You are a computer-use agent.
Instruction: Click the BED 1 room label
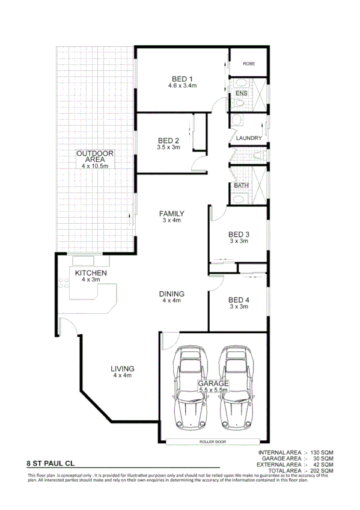tap(182, 79)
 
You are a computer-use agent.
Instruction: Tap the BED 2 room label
tap(168, 141)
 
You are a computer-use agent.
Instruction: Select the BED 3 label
tap(239, 234)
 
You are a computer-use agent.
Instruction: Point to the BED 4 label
tap(239, 300)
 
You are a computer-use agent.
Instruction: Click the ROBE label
tap(249, 64)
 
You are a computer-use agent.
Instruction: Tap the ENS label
tap(241, 93)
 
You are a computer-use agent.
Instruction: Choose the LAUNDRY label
tap(249, 138)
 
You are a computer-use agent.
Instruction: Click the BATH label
tap(241, 186)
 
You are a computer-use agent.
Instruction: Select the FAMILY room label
tap(171, 214)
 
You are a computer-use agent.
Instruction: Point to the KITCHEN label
tap(91, 273)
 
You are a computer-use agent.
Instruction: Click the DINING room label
tap(171, 293)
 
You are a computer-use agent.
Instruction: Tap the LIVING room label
tap(122, 369)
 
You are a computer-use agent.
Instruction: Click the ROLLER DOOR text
tap(215, 442)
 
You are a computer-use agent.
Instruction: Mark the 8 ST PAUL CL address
tap(51, 464)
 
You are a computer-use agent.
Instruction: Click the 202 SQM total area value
tap(322, 470)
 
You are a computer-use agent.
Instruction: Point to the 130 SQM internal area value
tap(322, 452)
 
